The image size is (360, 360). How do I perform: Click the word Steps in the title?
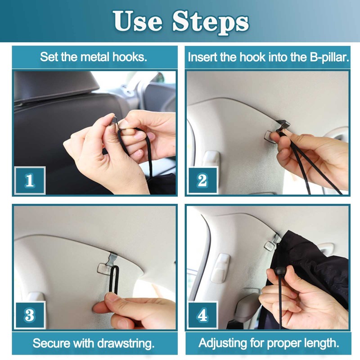pos(211,22)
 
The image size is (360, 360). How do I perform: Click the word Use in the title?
pos(137,21)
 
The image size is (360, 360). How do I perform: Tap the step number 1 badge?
pos(30,180)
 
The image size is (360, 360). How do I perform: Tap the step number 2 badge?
pos(202,180)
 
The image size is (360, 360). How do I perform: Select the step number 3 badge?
pos(30,315)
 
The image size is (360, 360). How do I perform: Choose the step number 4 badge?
pos(202,315)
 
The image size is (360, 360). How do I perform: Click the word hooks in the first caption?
pos(130,57)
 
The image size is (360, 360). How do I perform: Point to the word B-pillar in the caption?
pos(329,58)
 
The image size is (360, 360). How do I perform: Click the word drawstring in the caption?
pos(126,344)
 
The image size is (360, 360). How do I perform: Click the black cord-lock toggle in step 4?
pos(279,271)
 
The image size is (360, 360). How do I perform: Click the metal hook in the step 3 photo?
pos(108,264)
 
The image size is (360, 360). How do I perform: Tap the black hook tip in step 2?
pos(283,125)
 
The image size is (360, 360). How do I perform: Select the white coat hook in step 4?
pos(220,268)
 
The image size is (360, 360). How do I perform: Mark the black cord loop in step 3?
pos(114,280)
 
